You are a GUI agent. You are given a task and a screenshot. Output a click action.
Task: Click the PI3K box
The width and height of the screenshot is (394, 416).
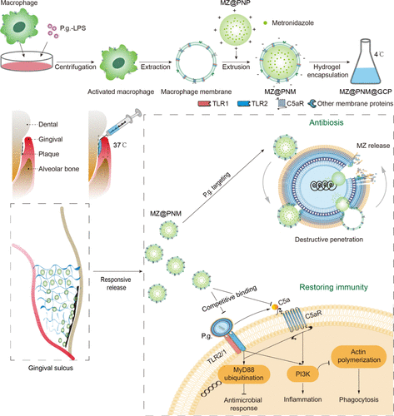(302, 374)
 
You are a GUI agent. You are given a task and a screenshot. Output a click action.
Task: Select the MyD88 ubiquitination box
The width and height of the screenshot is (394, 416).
(243, 374)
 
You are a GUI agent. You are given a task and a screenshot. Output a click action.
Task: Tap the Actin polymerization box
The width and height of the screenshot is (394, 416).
(359, 356)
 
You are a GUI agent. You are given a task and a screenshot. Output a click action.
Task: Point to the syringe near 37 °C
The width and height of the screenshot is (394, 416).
(119, 126)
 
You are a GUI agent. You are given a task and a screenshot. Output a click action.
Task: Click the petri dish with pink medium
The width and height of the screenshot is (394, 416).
(27, 62)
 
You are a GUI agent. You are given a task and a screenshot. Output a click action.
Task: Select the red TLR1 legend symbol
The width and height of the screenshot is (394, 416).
(204, 104)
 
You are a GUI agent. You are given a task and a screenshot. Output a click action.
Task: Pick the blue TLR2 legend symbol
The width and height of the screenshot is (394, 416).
(244, 104)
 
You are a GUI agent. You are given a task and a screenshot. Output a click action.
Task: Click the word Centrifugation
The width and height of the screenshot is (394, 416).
(75, 67)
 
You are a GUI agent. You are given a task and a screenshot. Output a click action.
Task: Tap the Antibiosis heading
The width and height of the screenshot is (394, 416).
(327, 122)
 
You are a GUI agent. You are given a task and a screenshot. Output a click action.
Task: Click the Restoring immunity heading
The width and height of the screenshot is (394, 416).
(333, 287)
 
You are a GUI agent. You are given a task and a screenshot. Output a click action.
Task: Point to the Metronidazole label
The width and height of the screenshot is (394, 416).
(292, 22)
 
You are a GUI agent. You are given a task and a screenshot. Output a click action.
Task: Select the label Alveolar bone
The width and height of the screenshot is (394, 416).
(58, 169)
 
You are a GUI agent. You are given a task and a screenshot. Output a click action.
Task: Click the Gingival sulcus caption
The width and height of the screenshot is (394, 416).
(51, 368)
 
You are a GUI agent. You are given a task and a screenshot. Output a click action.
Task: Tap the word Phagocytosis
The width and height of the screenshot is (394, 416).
(358, 399)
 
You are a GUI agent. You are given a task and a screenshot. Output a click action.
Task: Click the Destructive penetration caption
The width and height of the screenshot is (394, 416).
(329, 240)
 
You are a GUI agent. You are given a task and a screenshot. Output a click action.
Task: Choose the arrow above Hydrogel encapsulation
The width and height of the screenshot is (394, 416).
(330, 62)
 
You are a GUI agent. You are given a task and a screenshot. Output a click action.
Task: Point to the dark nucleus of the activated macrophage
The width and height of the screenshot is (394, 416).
(119, 63)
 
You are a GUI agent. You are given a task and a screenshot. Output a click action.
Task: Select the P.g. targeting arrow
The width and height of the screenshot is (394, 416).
(224, 186)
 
